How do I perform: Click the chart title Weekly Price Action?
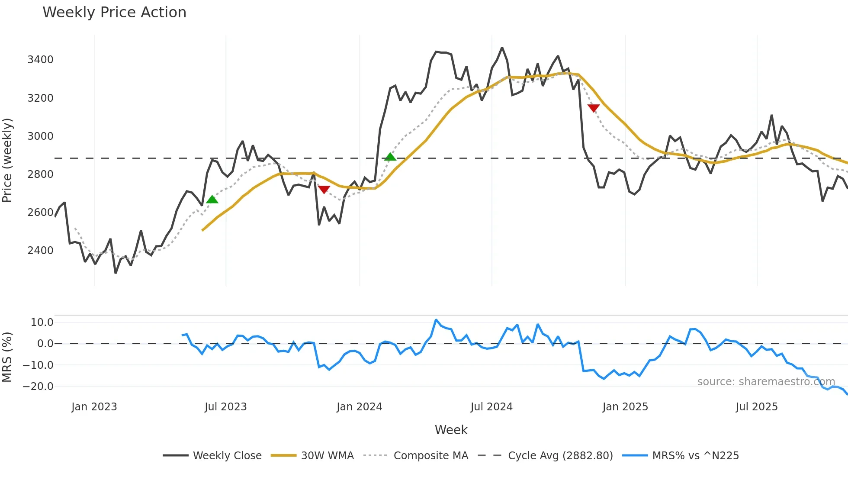(114, 13)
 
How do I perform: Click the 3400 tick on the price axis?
(40, 60)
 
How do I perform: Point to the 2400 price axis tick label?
(40, 251)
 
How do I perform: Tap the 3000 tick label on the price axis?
(40, 136)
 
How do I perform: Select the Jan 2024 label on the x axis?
(359, 407)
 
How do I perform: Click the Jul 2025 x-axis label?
(756, 407)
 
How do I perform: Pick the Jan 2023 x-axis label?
(94, 407)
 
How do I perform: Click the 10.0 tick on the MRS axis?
(42, 322)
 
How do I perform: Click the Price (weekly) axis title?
(7, 160)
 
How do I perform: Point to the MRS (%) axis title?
(7, 357)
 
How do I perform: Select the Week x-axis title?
(451, 430)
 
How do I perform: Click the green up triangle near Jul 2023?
(212, 200)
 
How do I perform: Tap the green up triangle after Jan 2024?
(390, 157)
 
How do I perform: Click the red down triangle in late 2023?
(324, 190)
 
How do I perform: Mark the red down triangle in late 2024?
(594, 108)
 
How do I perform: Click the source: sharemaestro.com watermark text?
(766, 382)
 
